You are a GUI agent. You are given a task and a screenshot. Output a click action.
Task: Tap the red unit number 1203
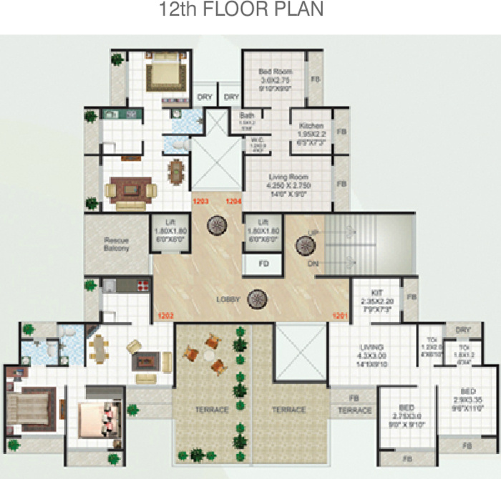(x=200, y=203)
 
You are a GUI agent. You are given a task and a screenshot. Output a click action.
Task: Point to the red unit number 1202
(x=166, y=315)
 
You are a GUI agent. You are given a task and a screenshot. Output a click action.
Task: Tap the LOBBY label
(x=228, y=299)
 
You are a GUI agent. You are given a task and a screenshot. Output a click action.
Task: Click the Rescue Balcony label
(x=117, y=245)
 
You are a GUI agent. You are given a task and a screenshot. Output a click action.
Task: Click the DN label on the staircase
(x=313, y=263)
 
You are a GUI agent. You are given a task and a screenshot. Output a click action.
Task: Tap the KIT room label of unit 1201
(x=378, y=292)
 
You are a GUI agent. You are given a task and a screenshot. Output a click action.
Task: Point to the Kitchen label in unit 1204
(x=311, y=126)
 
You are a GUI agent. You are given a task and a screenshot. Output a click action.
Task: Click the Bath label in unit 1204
(x=248, y=115)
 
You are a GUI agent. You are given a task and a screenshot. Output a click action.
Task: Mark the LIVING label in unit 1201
(x=371, y=347)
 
